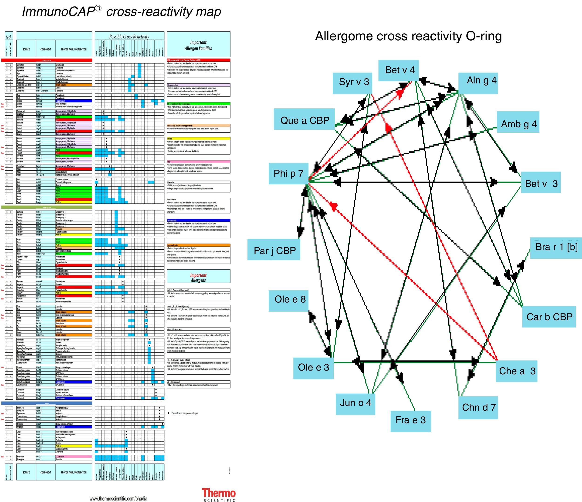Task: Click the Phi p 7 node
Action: [x=288, y=174]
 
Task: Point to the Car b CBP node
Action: [x=549, y=317]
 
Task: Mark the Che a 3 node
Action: [x=516, y=371]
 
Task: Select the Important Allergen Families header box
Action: [x=199, y=45]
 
